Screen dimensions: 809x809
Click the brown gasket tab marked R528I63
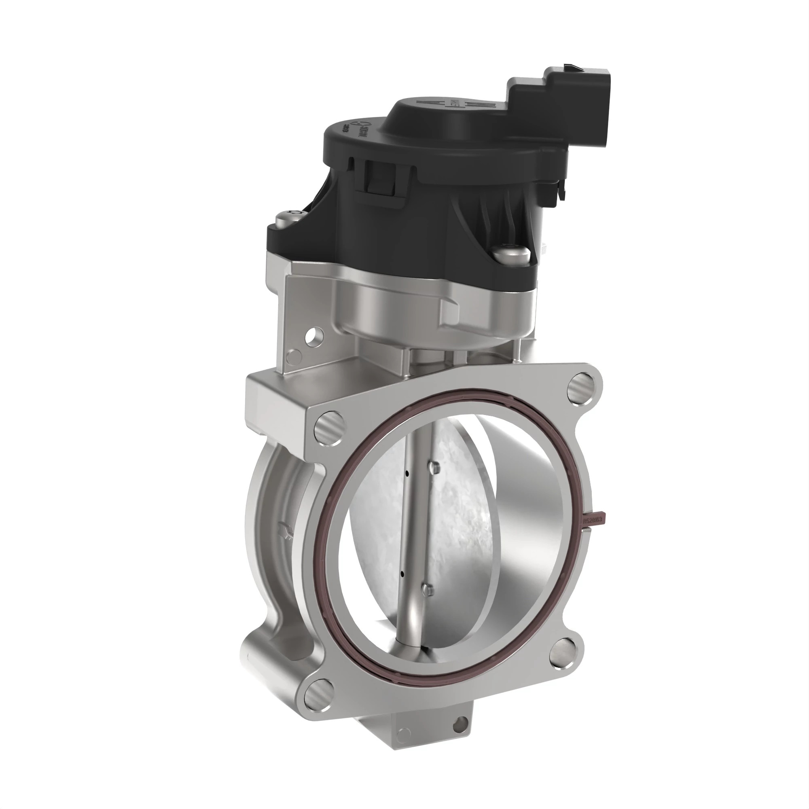tap(594, 520)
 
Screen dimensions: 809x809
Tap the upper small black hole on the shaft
tap(407, 474)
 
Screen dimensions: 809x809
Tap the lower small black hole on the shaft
tap(402, 572)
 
